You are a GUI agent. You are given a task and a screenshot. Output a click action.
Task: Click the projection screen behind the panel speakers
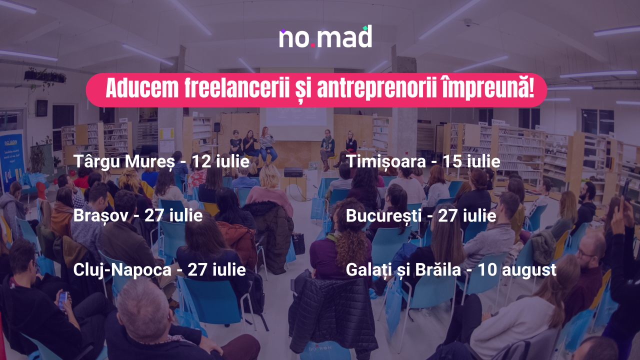click(x=296, y=116)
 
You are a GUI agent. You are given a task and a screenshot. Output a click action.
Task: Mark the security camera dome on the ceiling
click(x=468, y=22)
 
